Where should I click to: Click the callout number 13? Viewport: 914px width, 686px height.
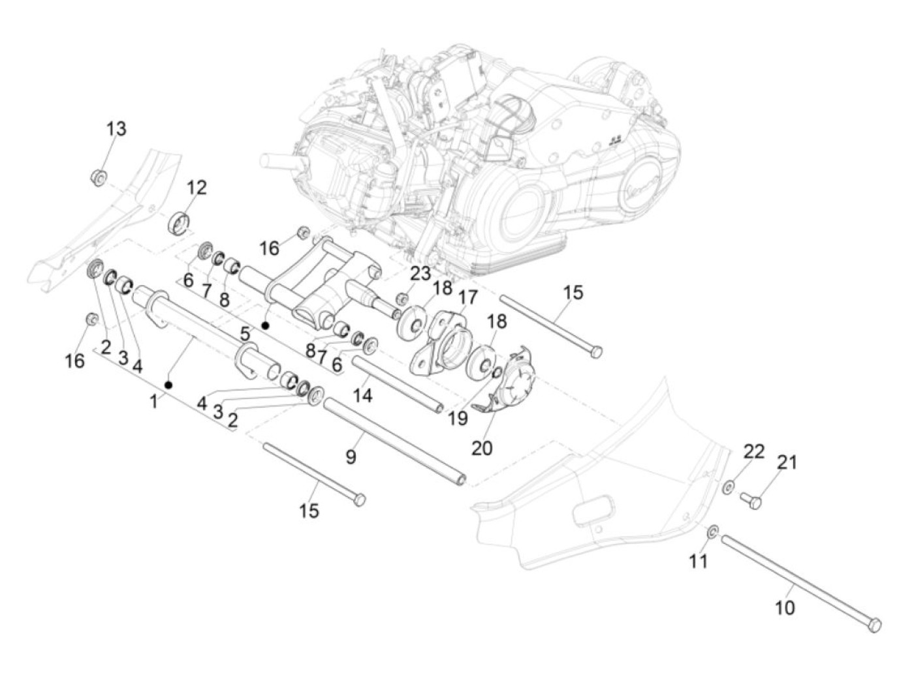point(116,128)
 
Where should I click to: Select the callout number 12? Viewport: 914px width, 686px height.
point(196,188)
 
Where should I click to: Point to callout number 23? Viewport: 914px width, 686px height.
point(420,273)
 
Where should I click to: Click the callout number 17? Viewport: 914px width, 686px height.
point(467,297)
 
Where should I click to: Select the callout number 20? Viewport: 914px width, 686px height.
point(482,448)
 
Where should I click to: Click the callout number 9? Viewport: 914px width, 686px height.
point(351,457)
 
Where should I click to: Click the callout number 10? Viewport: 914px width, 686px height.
point(785,607)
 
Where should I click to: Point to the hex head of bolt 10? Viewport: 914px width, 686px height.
point(875,625)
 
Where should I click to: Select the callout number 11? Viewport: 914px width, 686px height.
point(699,560)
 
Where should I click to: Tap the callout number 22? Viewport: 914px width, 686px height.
point(754,451)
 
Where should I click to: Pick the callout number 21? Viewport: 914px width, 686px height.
point(787,462)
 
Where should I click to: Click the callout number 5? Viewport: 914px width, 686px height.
point(245,335)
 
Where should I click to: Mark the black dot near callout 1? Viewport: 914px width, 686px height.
point(168,384)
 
